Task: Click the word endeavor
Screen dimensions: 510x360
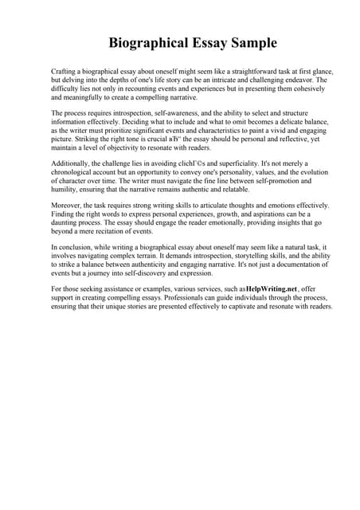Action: tap(288, 80)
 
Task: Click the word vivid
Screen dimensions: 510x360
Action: tap(278, 131)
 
